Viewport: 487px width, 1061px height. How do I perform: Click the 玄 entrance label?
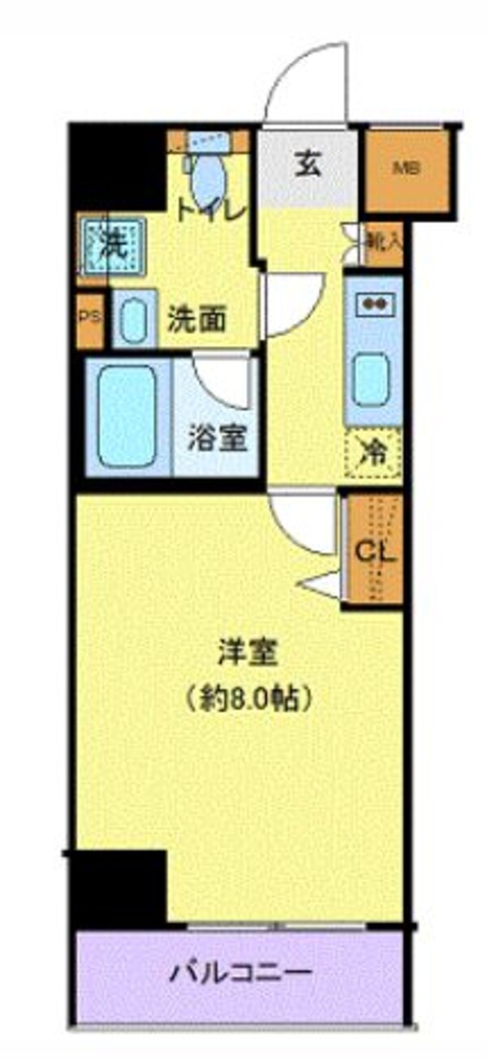[x=307, y=165]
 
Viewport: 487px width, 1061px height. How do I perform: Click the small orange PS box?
[x=90, y=318]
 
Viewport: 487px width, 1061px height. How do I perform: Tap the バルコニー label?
[x=240, y=972]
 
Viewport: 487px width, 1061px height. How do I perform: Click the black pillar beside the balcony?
[x=119, y=888]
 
